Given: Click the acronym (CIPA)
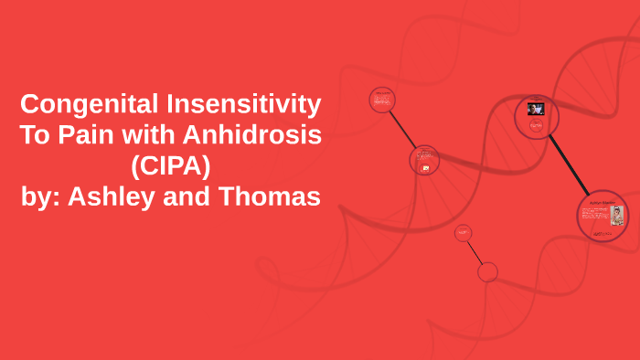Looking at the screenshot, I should (171, 165).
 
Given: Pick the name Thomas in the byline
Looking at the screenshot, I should (271, 196).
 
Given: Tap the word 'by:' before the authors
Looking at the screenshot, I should (46, 196).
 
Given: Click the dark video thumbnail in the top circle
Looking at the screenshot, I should (536, 109).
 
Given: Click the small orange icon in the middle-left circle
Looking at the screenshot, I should (424, 168).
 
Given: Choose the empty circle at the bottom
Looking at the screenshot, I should (487, 271).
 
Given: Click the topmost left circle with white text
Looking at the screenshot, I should (382, 100).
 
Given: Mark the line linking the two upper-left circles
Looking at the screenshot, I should (403, 130).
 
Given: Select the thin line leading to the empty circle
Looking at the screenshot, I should (475, 253).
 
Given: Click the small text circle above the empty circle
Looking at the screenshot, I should (463, 234).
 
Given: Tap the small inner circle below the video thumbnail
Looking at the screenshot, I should (536, 127).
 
